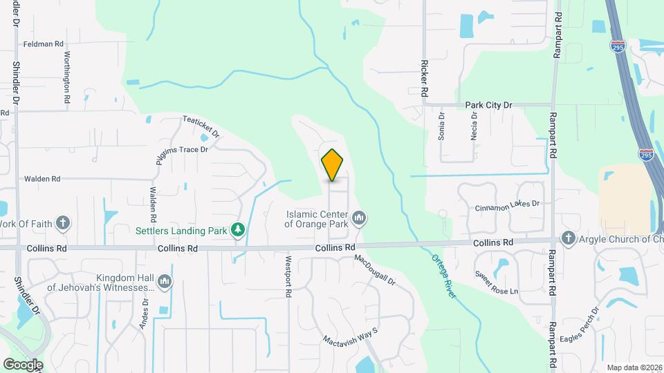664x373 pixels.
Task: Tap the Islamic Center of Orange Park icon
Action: [x=359, y=220]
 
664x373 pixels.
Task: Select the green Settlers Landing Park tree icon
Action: [x=238, y=229]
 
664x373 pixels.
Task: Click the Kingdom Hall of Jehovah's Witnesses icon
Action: [x=165, y=282]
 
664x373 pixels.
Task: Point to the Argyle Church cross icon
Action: [x=569, y=238]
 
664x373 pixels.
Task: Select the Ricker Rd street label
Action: [x=424, y=78]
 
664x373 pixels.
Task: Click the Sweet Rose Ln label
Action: [x=496, y=282]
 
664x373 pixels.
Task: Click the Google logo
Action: [x=23, y=364]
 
